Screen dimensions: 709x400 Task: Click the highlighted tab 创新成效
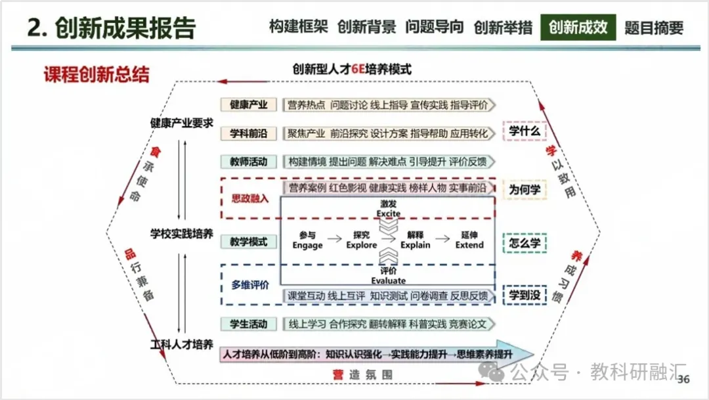tap(578, 28)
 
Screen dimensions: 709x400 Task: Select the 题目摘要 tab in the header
tap(654, 28)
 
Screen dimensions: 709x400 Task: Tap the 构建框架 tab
tap(299, 28)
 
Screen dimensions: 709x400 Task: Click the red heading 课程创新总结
tap(97, 74)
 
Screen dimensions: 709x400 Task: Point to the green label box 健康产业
tap(248, 105)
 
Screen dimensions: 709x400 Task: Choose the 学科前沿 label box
tap(248, 133)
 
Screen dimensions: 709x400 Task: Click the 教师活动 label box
tap(248, 162)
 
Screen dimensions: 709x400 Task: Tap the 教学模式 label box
tap(248, 242)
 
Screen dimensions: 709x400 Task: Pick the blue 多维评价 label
tap(250, 285)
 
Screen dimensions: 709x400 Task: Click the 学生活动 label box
tap(248, 324)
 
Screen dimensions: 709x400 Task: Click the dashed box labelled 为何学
tap(525, 190)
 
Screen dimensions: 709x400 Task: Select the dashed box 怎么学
tap(525, 242)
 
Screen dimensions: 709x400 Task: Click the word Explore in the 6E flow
tap(362, 245)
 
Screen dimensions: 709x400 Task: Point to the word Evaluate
tap(389, 281)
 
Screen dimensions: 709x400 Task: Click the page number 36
tap(683, 380)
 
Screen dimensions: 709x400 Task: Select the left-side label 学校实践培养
tap(181, 234)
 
